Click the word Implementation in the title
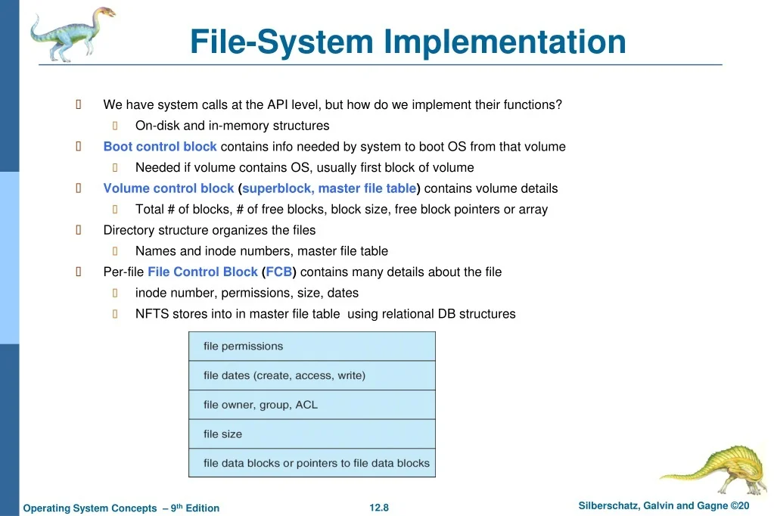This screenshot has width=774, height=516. click(x=505, y=42)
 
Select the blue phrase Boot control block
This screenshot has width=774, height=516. click(x=160, y=147)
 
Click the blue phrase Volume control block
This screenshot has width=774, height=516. click(x=168, y=188)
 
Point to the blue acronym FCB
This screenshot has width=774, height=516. click(x=279, y=272)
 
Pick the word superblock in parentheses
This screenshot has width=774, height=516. click(x=278, y=188)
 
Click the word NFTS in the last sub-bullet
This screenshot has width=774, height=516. click(x=152, y=313)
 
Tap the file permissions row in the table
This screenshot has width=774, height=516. click(x=312, y=346)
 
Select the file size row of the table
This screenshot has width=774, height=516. click(x=312, y=434)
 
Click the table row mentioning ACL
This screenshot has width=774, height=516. click(x=312, y=405)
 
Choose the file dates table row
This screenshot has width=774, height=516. click(x=312, y=375)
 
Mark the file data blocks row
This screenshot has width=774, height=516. click(x=312, y=463)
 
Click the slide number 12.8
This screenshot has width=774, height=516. click(x=379, y=508)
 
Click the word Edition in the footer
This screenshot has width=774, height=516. click(x=202, y=508)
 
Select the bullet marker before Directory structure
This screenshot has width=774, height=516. click(x=79, y=229)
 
